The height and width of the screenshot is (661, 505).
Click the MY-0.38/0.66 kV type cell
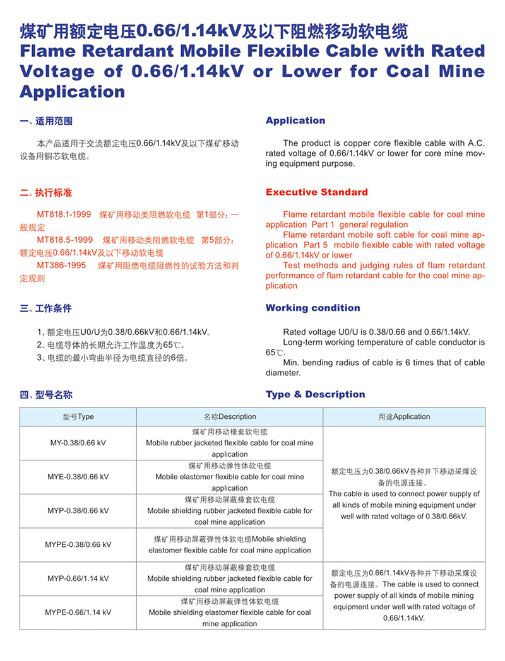[78, 443]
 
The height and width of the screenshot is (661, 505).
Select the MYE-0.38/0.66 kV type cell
[78, 477]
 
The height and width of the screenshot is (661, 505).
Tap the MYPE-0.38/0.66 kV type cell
[78, 544]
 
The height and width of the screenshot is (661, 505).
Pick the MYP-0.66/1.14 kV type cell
[78, 578]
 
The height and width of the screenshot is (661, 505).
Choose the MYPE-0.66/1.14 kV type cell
[78, 612]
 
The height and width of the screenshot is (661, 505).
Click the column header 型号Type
[78, 416]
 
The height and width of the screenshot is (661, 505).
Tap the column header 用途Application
[404, 416]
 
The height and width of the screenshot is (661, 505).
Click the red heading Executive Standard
[316, 192]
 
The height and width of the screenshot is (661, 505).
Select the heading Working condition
[312, 308]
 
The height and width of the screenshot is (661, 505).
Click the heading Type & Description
[315, 394]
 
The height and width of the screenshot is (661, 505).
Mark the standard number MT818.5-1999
[65, 240]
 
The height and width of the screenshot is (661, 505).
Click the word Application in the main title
[73, 92]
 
